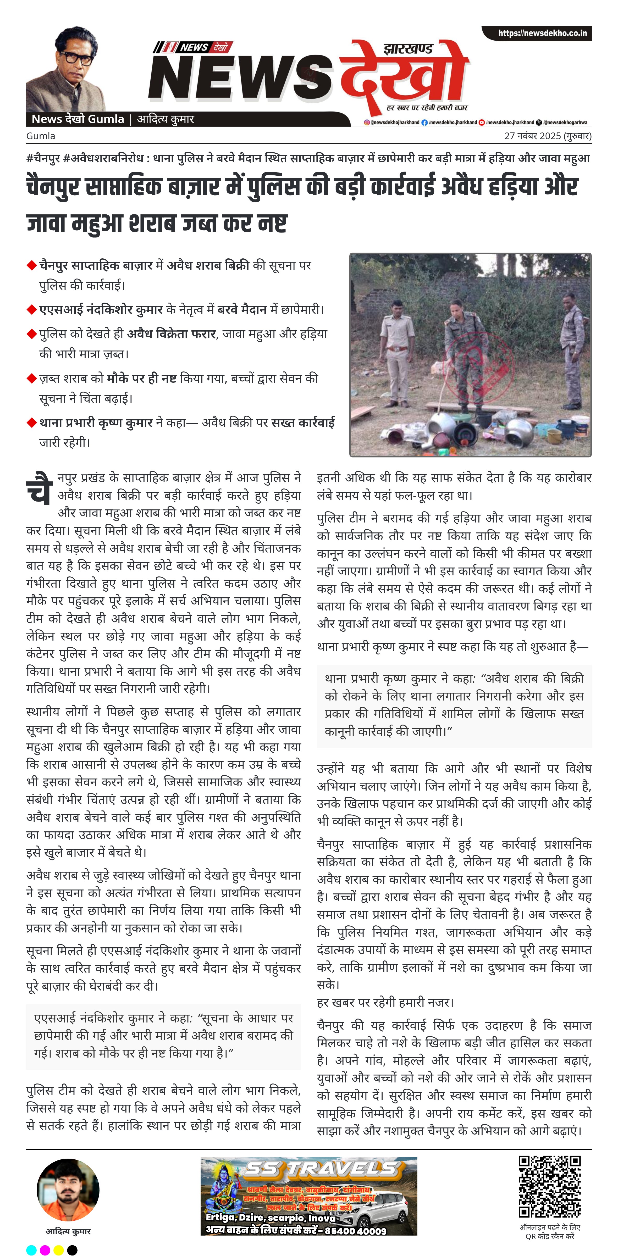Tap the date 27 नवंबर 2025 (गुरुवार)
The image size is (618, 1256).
click(x=547, y=136)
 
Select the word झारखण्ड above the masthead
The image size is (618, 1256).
click(x=408, y=49)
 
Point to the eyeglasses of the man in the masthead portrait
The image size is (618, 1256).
click(x=76, y=58)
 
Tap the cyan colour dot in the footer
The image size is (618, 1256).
click(x=31, y=1250)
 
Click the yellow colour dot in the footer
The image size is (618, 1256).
click(x=59, y=1250)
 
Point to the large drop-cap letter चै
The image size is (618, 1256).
click(x=39, y=488)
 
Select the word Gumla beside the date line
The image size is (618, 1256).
click(x=41, y=136)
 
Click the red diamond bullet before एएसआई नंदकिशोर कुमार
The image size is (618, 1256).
click(x=32, y=310)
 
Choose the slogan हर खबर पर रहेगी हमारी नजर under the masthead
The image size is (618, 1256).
click(x=427, y=107)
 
